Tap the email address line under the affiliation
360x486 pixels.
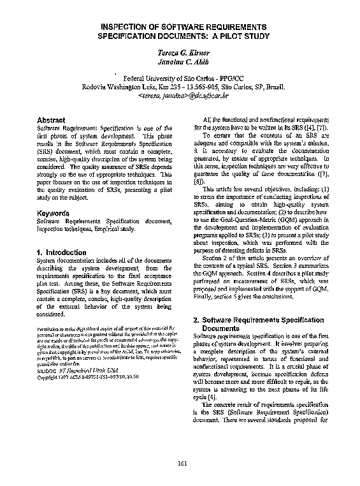pos(183,96)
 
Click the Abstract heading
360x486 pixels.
pos(51,120)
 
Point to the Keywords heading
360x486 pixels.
pos(53,212)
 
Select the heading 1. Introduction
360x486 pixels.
pos(61,253)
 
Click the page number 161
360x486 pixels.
pos(182,463)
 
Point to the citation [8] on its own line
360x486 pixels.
pos(198,180)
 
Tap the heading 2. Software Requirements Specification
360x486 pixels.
pos(258,320)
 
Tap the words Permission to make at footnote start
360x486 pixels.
pos(55,327)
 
